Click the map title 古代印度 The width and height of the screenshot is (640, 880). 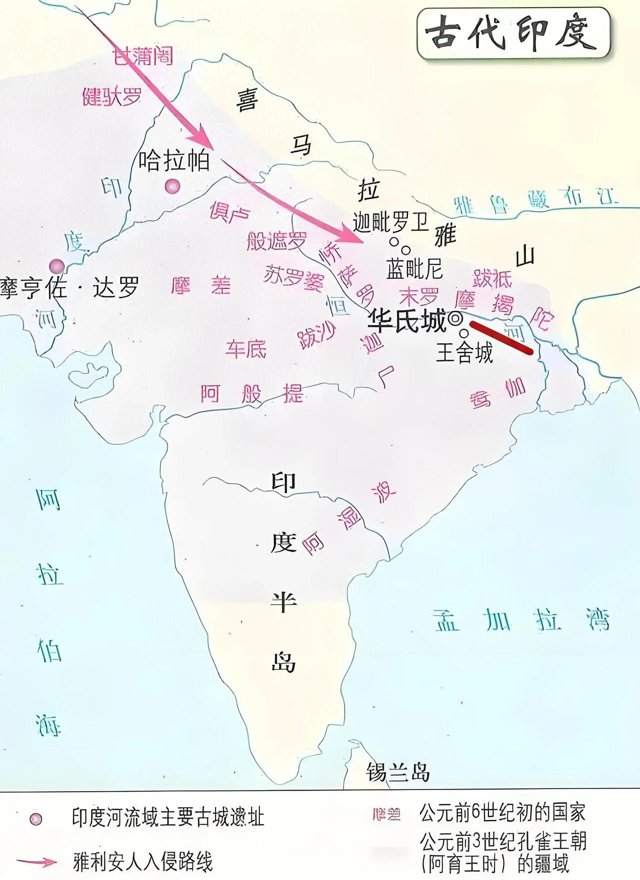pyautogui.click(x=512, y=33)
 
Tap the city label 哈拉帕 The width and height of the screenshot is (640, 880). pyautogui.click(x=173, y=161)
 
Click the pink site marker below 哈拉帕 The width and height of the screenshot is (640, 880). pyautogui.click(x=172, y=186)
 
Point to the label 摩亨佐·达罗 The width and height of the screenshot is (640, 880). pyautogui.click(x=70, y=288)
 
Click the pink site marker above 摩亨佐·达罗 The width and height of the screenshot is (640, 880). pyautogui.click(x=56, y=266)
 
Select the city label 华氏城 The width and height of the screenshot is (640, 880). pyautogui.click(x=406, y=321)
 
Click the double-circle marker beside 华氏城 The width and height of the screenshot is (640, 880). pyautogui.click(x=455, y=318)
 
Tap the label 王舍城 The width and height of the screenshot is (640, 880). pyautogui.click(x=464, y=352)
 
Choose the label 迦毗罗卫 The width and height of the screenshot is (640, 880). pyautogui.click(x=391, y=221)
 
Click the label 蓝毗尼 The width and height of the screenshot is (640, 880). pyautogui.click(x=414, y=269)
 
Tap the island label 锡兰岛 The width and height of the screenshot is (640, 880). pyautogui.click(x=398, y=772)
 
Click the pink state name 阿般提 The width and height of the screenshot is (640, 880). pyautogui.click(x=252, y=394)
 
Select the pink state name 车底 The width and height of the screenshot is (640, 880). pyautogui.click(x=245, y=348)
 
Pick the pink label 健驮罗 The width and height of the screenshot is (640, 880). pyautogui.click(x=112, y=96)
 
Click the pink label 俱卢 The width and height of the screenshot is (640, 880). pyautogui.click(x=229, y=212)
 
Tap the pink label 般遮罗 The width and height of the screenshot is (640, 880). pyautogui.click(x=276, y=241)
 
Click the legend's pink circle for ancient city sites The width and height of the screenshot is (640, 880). pyautogui.click(x=35, y=819)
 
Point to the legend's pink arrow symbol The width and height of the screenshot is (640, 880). pyautogui.click(x=37, y=862)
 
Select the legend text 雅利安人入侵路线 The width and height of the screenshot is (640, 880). pyautogui.click(x=143, y=862)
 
